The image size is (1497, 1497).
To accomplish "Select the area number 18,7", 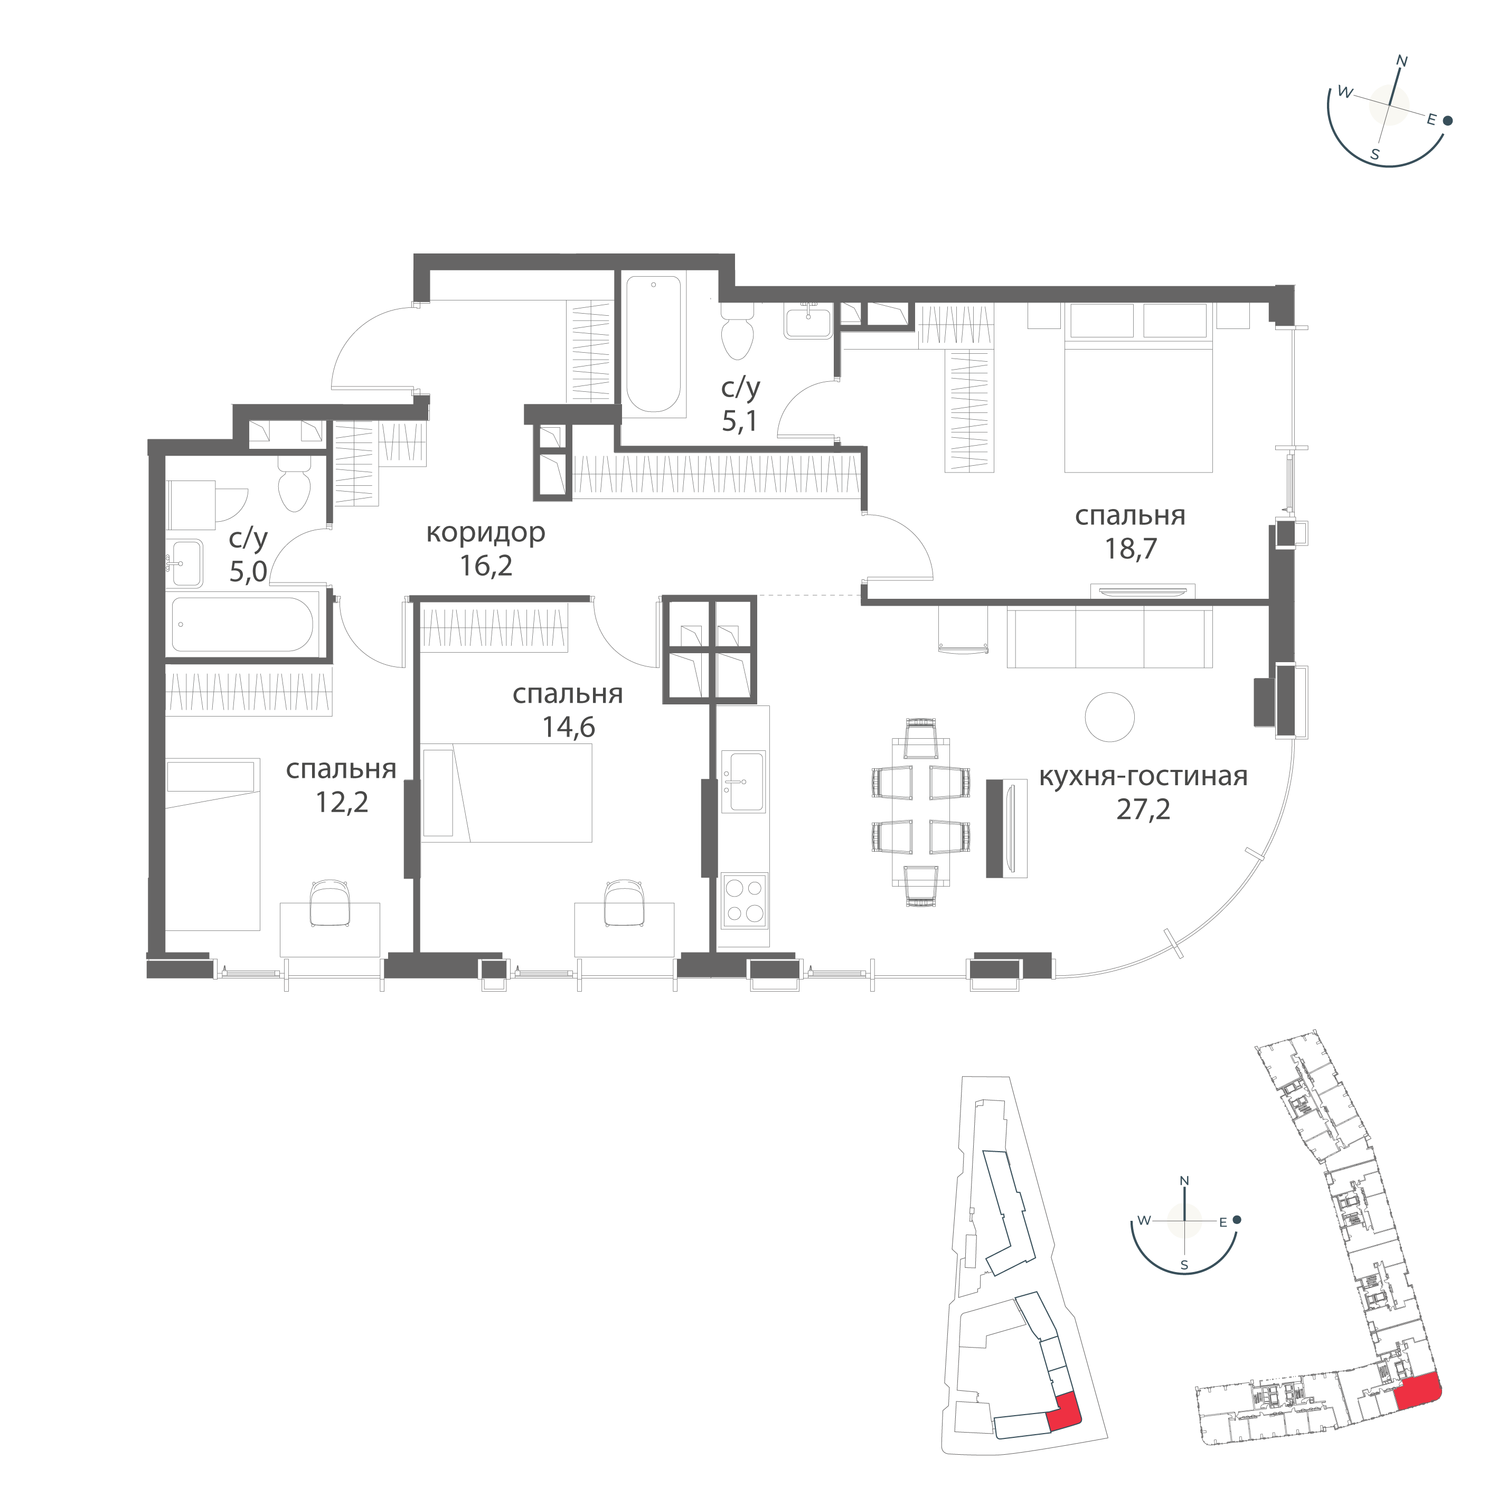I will (x=1131, y=549).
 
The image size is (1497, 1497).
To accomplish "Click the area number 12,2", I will (x=341, y=802).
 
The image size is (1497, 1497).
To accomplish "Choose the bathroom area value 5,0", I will (x=248, y=572).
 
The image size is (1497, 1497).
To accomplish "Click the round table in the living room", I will (x=1109, y=718).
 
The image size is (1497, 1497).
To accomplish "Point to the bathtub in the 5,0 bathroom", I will (x=242, y=623).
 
